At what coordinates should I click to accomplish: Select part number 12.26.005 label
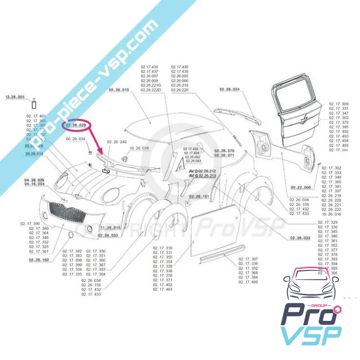[x=15, y=97]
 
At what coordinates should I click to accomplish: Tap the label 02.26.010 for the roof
[x=119, y=90]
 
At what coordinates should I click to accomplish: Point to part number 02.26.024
[x=229, y=90]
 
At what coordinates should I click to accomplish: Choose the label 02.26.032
[x=300, y=238]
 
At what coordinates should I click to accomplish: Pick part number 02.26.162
[x=39, y=260]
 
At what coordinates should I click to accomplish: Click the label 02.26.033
[x=108, y=235]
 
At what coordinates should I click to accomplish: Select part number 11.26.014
[x=111, y=228]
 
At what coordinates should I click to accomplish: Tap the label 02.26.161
[x=199, y=197]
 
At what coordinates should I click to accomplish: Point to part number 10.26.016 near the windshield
[x=139, y=148]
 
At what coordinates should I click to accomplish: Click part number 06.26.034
[x=76, y=139]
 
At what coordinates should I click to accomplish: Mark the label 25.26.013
[x=34, y=154]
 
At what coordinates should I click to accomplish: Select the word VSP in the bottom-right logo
[x=311, y=336]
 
